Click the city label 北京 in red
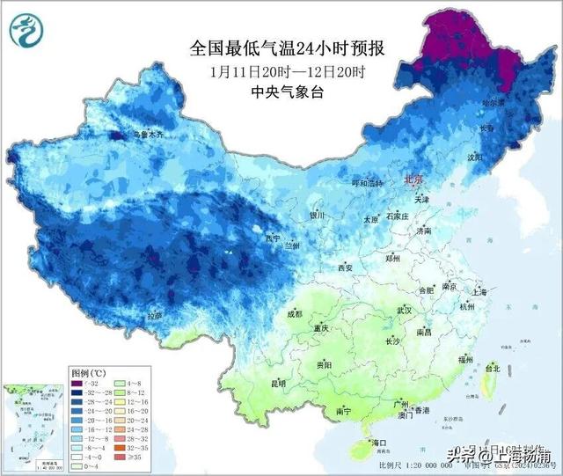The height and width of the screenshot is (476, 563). pos(413,179)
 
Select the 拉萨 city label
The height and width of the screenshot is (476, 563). pos(156,315)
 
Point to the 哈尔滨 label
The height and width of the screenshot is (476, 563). pos(494,103)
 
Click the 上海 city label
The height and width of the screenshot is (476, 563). pos(479,291)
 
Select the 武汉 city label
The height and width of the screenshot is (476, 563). pos(405,311)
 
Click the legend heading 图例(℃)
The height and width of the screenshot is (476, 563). pos(87,374)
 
